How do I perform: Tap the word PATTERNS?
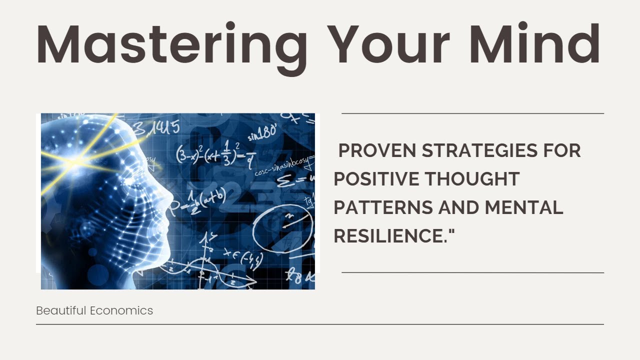382,207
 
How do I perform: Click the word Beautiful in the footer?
61,310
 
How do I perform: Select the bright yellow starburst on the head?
75,161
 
